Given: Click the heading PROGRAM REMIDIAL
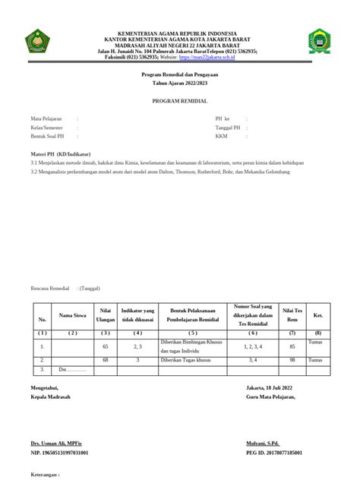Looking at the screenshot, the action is click(179, 101).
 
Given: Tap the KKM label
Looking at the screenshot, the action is click(221, 137).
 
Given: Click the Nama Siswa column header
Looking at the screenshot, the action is click(73, 315).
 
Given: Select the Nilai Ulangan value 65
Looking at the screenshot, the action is click(105, 346).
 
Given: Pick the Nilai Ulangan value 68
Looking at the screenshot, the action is click(105, 359).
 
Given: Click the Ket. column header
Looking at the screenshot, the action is click(318, 315).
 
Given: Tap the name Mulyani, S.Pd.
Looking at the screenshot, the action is click(263, 441).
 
